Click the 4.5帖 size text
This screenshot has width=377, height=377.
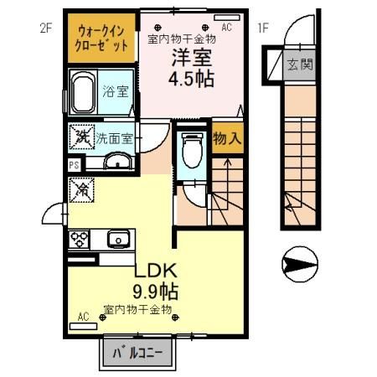[x=192, y=80]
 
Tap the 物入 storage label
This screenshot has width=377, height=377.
[x=227, y=139]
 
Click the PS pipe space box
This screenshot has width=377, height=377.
[x=74, y=166]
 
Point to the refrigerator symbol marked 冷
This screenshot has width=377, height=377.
[x=83, y=190]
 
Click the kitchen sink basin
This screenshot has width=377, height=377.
[x=118, y=240]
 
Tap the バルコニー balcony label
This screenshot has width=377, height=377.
[x=137, y=353]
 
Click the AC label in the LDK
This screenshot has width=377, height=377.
[x=83, y=316]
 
